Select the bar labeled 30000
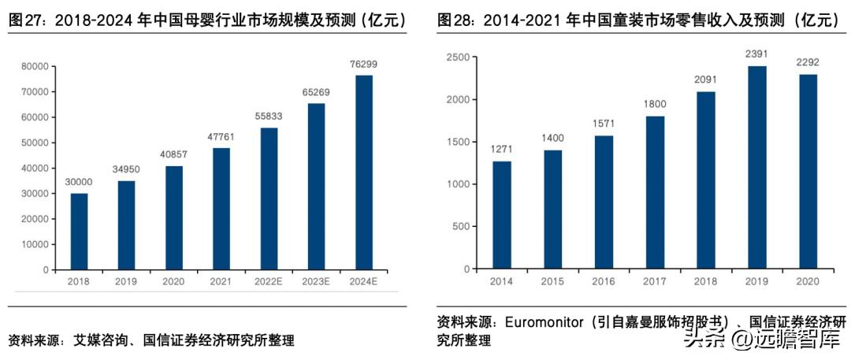(x=79, y=232)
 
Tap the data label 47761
(x=221, y=137)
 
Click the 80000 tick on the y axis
(x=35, y=66)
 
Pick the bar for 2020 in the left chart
(x=173, y=217)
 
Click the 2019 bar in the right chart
(x=756, y=168)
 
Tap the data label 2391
(x=756, y=55)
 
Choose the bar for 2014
(x=502, y=215)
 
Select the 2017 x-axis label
(x=655, y=281)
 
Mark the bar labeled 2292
(x=808, y=172)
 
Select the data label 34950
(x=126, y=170)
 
